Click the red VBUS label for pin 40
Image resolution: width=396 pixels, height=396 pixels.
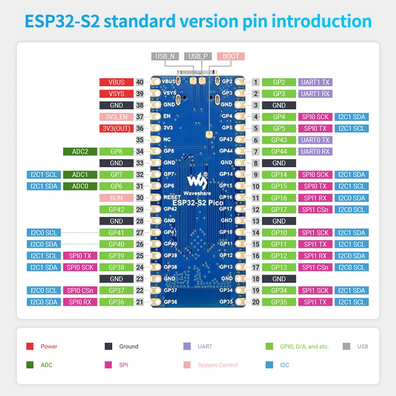point(116,82)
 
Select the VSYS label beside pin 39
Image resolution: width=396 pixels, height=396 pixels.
point(116,94)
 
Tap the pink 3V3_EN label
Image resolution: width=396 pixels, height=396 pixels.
point(116,117)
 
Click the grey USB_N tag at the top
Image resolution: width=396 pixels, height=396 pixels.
point(165,56)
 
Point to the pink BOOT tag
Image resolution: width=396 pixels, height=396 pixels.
point(231,56)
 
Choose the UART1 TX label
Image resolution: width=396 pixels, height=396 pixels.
point(315,82)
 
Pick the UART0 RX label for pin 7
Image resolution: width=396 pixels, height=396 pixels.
point(315,151)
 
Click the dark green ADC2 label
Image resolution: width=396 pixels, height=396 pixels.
point(80,151)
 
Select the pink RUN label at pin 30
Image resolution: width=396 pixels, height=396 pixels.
point(116,198)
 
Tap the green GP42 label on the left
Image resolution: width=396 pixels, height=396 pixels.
point(116,209)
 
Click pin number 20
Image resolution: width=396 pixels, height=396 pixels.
point(255,302)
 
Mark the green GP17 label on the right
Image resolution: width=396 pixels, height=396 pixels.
point(279,209)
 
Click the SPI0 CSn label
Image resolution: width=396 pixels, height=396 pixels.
point(80,291)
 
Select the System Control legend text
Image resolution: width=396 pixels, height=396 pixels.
point(218,365)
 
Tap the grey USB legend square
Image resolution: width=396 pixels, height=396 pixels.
point(346,346)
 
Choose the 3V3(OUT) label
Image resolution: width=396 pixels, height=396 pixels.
point(116,128)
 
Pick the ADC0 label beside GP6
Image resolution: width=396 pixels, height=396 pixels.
point(80,186)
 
